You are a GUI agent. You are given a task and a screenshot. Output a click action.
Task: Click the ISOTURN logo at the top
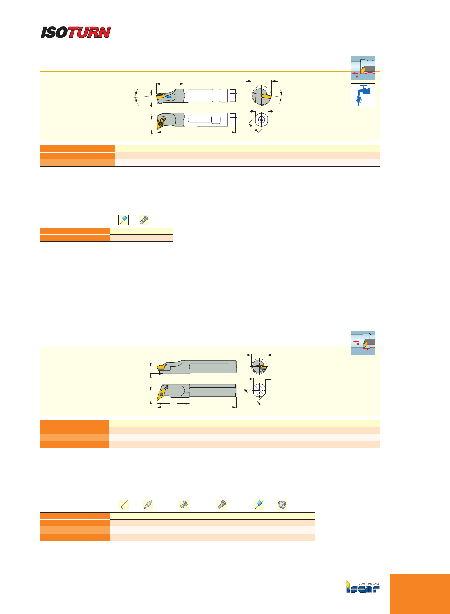coord(76,32)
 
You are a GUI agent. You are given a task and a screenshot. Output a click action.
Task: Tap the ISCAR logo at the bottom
coord(363,586)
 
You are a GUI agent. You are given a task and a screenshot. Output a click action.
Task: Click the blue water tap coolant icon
coord(363,95)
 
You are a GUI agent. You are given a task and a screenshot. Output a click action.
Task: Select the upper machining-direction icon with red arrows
coord(363,68)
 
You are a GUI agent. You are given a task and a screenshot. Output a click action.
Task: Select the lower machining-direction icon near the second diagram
coord(363,343)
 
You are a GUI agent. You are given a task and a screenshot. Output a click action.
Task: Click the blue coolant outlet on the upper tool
coord(169,96)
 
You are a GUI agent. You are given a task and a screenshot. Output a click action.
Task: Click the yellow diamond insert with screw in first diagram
coord(161,122)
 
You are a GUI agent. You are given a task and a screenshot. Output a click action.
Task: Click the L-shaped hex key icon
coord(124,505)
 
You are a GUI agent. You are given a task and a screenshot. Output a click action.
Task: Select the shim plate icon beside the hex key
coord(148,505)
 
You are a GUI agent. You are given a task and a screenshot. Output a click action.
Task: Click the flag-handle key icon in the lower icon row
coord(259,505)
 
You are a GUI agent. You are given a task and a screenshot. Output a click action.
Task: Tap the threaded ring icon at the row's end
coord(282,505)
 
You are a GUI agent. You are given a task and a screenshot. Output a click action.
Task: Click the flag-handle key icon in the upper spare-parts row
coord(124,220)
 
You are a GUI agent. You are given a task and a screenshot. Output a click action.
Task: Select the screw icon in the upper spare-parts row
coord(144,220)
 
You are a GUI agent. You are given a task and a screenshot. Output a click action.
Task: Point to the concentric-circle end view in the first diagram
coord(261,119)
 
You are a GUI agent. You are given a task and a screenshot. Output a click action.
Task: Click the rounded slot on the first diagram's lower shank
coord(205,120)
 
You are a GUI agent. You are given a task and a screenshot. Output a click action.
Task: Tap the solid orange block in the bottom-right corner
coord(420,594)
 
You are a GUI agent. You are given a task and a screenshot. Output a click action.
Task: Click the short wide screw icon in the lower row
coord(184,505)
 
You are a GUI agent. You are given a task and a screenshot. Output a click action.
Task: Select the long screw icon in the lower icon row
coord(222,505)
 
